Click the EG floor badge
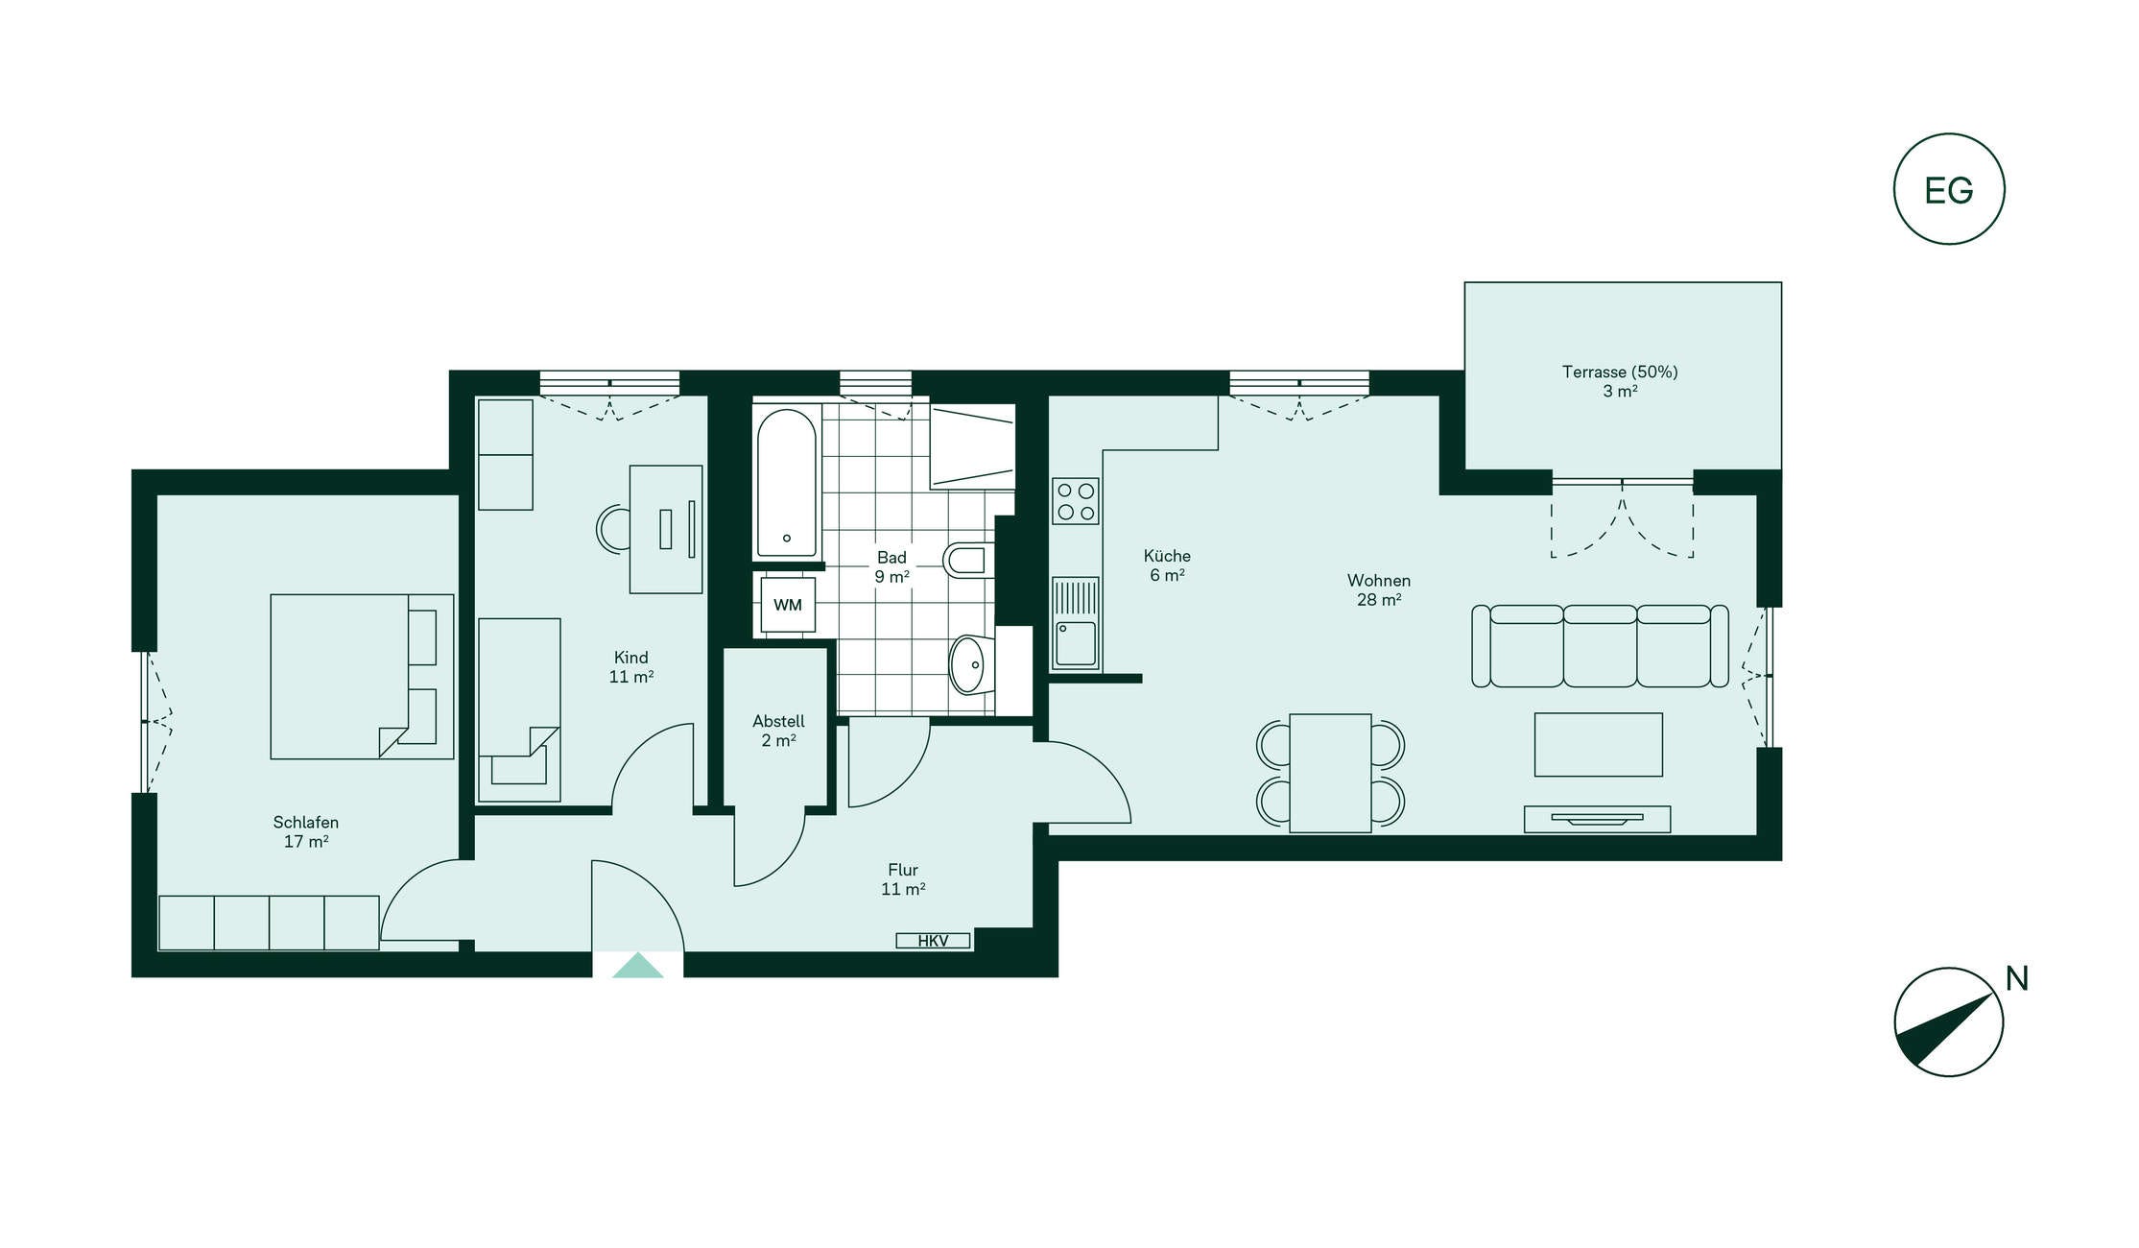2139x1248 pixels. [x=1949, y=189]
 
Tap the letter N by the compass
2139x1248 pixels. [x=2017, y=978]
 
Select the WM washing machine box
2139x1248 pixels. [x=788, y=605]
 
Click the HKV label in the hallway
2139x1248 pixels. [x=933, y=941]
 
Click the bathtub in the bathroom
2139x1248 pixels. [x=787, y=483]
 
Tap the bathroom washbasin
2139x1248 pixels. [x=972, y=664]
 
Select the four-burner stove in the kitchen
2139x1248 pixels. [x=1076, y=501]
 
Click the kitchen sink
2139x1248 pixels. [x=1076, y=622]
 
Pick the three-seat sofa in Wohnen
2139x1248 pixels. [x=1600, y=646]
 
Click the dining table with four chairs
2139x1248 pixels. [x=1330, y=773]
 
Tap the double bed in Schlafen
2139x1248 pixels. [x=362, y=677]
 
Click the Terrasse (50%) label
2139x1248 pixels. [x=1620, y=372]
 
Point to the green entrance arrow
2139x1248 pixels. [x=638, y=965]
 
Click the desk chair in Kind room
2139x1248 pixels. [x=613, y=529]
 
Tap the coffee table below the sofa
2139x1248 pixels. [x=1598, y=744]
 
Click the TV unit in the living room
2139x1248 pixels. [x=1597, y=819]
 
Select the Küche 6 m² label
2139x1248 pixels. [x=1167, y=565]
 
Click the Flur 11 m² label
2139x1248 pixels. [x=903, y=879]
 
